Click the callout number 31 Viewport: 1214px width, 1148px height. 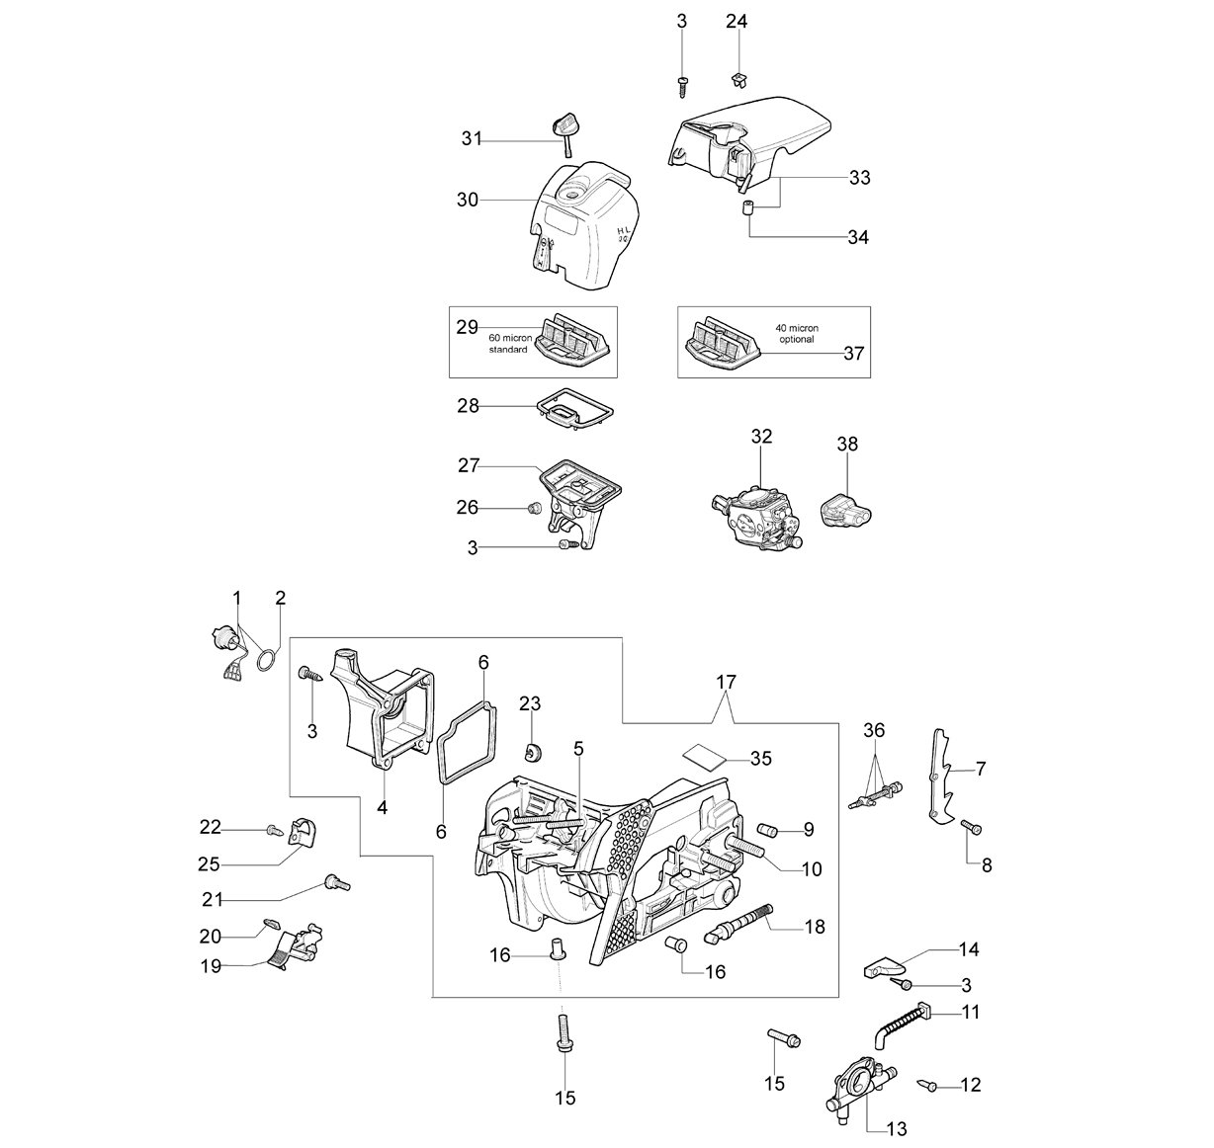pyautogui.click(x=472, y=139)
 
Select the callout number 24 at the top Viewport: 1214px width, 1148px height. pyautogui.click(x=737, y=22)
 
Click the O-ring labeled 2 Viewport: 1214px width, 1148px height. pyautogui.click(x=265, y=660)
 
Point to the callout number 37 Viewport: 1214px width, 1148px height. pyautogui.click(x=853, y=354)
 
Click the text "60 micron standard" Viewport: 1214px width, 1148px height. pyautogui.click(x=507, y=344)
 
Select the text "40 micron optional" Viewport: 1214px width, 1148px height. pyautogui.click(x=797, y=334)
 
